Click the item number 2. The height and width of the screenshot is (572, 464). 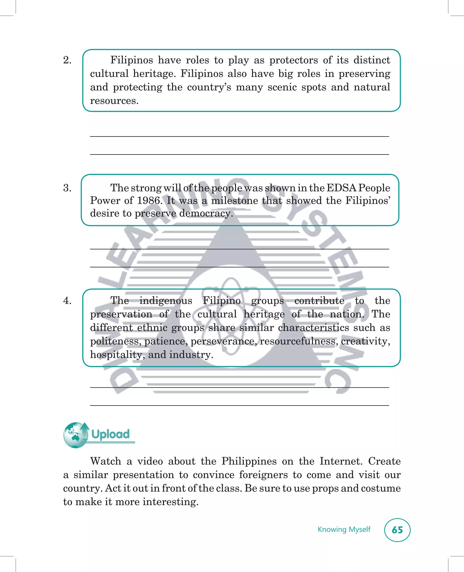(x=67, y=60)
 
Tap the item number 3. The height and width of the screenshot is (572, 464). (x=67, y=188)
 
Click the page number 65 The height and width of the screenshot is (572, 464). (x=397, y=530)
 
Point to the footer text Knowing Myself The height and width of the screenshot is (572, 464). (x=344, y=529)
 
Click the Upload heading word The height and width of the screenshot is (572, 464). (x=110, y=434)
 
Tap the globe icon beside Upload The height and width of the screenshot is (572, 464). (x=75, y=435)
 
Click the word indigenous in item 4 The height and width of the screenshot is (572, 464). (x=166, y=301)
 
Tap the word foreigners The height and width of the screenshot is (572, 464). (x=263, y=475)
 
